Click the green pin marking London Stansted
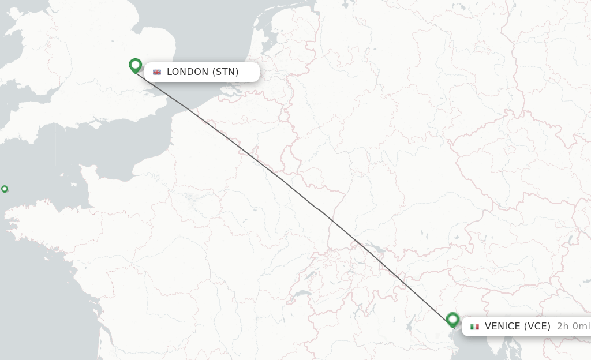[136, 65]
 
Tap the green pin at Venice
[452, 320]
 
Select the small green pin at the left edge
[5, 189]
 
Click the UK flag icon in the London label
[157, 72]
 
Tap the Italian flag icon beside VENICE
[474, 327]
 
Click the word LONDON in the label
[188, 72]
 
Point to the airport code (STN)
[226, 72]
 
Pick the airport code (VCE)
[537, 327]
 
